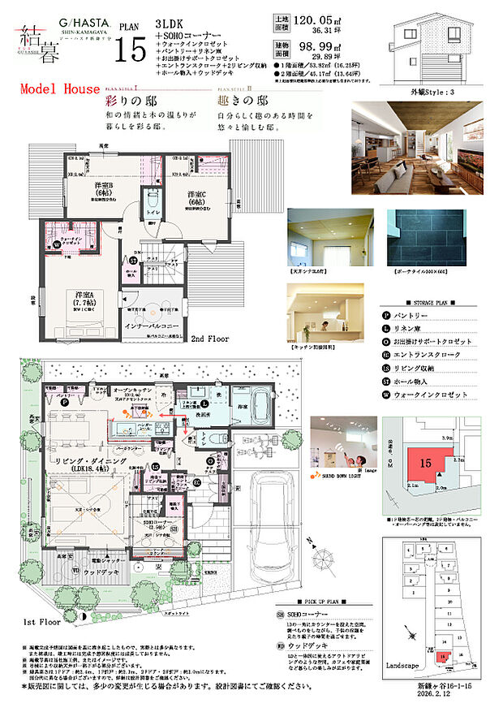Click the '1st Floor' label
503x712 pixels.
(42, 622)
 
